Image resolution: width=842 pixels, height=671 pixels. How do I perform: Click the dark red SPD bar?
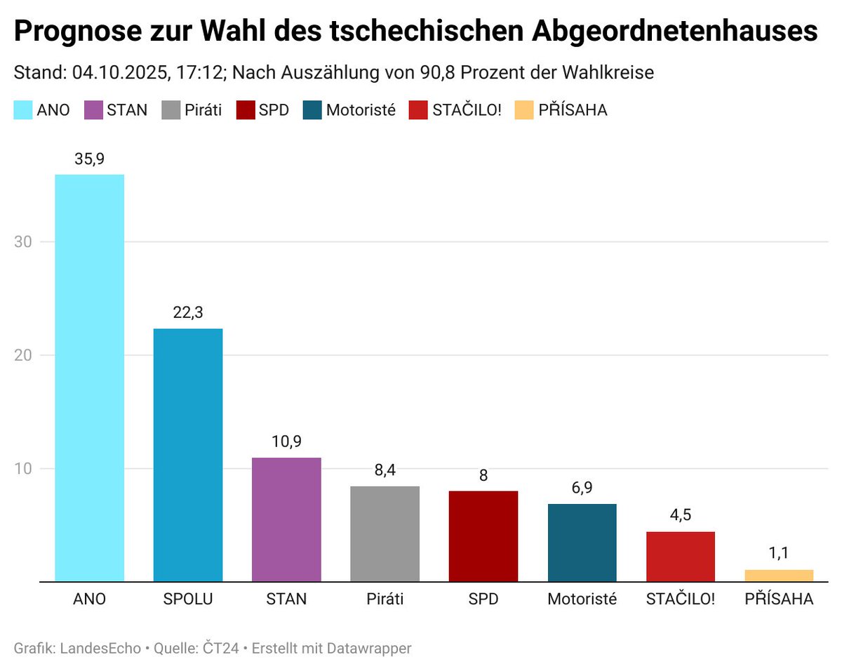tap(483, 536)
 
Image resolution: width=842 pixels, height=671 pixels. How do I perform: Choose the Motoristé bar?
tap(582, 543)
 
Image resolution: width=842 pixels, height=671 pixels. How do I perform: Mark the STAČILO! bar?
tap(680, 557)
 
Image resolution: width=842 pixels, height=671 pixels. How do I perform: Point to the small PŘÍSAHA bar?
tap(779, 576)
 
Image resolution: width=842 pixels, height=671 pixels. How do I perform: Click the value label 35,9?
tap(89, 159)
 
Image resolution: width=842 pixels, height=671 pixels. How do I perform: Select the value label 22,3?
tap(188, 314)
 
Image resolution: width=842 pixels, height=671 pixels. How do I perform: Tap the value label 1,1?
tap(779, 553)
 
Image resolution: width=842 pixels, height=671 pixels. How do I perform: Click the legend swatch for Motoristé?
tap(312, 110)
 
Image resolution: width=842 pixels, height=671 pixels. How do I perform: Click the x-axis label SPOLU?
tap(188, 599)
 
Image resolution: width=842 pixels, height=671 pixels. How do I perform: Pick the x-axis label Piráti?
tap(385, 599)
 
